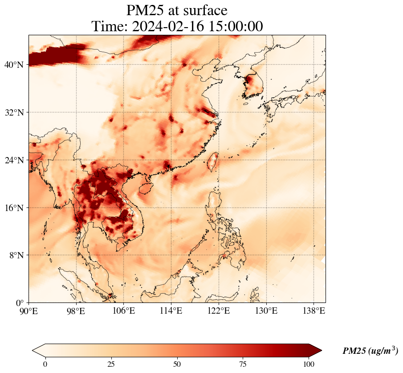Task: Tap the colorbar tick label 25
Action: pos(111,364)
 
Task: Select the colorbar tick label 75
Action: pos(243,364)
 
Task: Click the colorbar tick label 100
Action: pos(309,364)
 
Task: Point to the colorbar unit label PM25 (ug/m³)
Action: pos(370,351)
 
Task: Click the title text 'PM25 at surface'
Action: pos(177,10)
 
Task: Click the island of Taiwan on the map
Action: pos(214,162)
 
